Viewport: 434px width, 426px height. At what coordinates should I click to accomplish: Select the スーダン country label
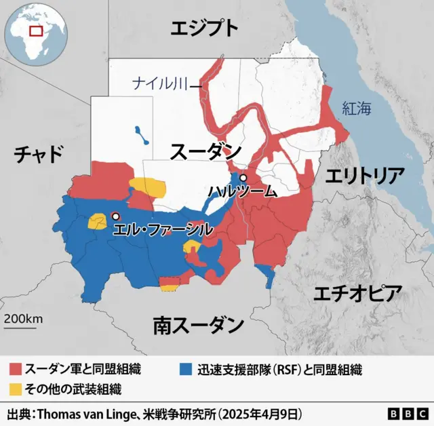click(x=205, y=151)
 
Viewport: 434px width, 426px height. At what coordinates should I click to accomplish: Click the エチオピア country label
click(x=357, y=294)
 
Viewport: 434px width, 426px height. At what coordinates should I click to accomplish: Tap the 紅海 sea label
click(x=357, y=108)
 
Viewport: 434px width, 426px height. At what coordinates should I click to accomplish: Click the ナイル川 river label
click(x=159, y=85)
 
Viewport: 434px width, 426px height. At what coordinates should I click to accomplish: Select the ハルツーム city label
click(x=242, y=191)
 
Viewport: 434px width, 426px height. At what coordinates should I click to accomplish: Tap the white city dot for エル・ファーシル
click(x=115, y=216)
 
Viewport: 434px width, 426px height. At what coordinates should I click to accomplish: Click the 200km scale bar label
click(x=23, y=319)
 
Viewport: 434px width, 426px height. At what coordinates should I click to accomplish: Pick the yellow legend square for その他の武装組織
click(x=15, y=389)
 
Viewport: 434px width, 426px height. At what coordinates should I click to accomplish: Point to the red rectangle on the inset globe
click(x=36, y=31)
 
